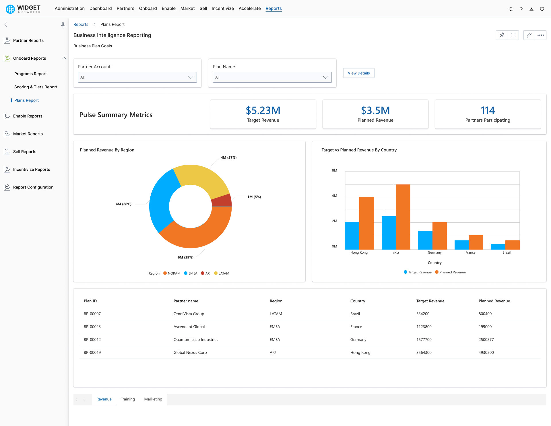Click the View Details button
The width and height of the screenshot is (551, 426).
pyautogui.click(x=359, y=73)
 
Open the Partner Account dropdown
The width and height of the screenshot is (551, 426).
pyautogui.click(x=137, y=77)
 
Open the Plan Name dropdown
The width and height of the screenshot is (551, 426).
pyautogui.click(x=272, y=77)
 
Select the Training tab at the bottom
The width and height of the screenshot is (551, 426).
pyautogui.click(x=128, y=399)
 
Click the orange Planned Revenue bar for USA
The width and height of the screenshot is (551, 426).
pyautogui.click(x=403, y=217)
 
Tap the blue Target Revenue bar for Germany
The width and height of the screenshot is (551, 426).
pyautogui.click(x=425, y=240)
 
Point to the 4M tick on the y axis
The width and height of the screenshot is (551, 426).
pyautogui.click(x=334, y=196)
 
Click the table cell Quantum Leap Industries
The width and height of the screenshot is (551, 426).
pyautogui.click(x=196, y=339)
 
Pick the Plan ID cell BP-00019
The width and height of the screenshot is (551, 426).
pyautogui.click(x=92, y=352)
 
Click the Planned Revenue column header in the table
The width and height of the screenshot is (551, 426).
pyautogui.click(x=494, y=301)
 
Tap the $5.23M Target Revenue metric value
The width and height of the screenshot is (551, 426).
pyautogui.click(x=263, y=110)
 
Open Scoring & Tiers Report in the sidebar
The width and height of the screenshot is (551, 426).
pyautogui.click(x=36, y=87)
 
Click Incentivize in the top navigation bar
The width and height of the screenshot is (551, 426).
pyautogui.click(x=222, y=8)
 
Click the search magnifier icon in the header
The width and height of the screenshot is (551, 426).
pyautogui.click(x=511, y=9)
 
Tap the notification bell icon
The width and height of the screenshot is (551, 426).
pyautogui.click(x=542, y=9)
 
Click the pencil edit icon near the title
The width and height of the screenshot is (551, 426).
pyautogui.click(x=529, y=35)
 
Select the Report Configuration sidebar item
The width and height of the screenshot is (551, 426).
pyautogui.click(x=33, y=187)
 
